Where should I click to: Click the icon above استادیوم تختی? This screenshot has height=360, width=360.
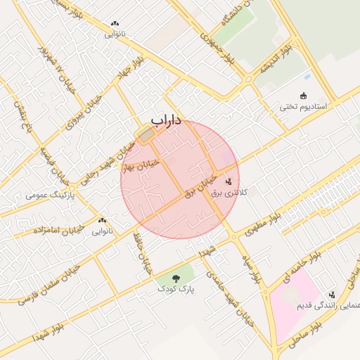click(x=304, y=96)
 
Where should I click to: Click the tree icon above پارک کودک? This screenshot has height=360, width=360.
click(x=176, y=278)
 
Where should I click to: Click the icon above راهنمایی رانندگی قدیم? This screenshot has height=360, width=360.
click(x=331, y=294)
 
